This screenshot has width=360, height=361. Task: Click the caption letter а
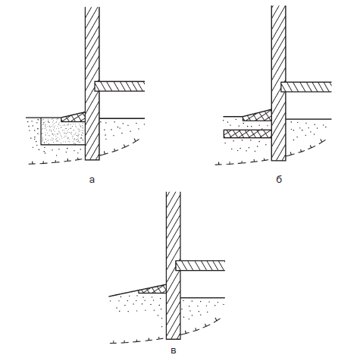[x=92, y=180]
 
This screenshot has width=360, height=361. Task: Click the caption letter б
[x=279, y=179]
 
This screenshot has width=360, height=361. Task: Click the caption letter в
[x=174, y=350]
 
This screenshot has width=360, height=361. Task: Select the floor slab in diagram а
[x=120, y=86]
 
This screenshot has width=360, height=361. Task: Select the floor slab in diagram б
[x=306, y=87]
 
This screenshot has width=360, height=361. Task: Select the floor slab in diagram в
[x=200, y=265]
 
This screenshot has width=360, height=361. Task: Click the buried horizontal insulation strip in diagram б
[x=248, y=133]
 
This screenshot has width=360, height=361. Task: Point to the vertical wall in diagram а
[x=92, y=83]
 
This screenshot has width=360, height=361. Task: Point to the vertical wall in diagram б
[x=279, y=83]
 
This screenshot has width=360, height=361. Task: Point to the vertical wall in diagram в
[x=174, y=265]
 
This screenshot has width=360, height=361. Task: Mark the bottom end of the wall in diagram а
[x=92, y=160]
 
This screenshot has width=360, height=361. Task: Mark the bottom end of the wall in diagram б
[x=279, y=161]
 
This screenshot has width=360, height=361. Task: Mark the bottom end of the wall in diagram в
[x=174, y=339]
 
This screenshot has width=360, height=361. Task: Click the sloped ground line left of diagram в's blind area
[x=124, y=294]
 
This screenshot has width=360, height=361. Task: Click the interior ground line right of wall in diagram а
[x=122, y=118]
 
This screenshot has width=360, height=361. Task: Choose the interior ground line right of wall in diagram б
[x=308, y=119]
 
